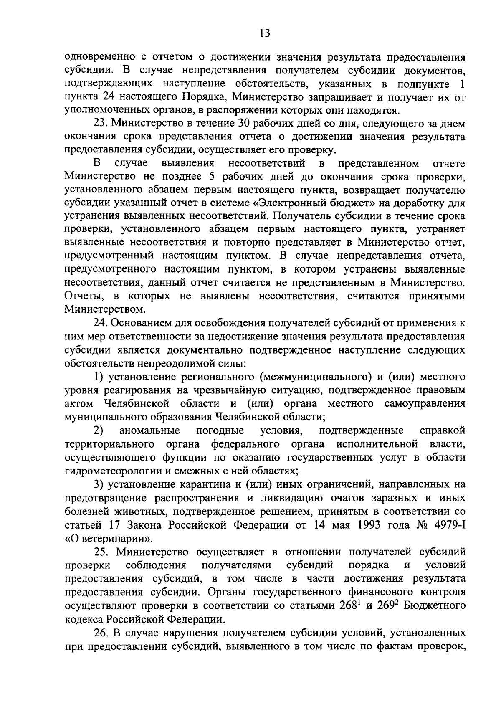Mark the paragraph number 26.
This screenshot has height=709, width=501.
(x=101, y=632)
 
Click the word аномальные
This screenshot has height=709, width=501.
(x=149, y=430)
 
